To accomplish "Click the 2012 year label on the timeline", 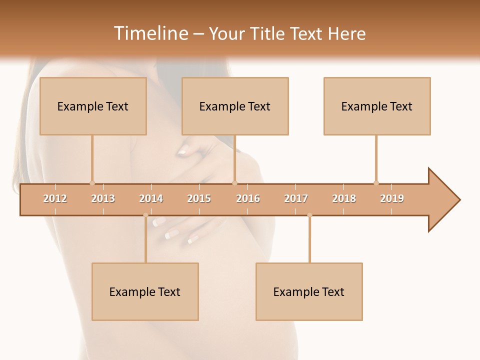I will pos(55,198).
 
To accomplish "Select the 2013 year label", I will pos(103,198).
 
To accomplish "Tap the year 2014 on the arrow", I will pos(151,198).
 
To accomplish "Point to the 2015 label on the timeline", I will pos(199,198).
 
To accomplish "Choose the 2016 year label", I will pos(248,198).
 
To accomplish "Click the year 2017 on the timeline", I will pos(296,198).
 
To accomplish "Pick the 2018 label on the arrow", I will pos(344,198).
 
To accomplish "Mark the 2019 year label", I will pos(392,198).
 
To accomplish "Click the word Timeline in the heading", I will pos(150,33).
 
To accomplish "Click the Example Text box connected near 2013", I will pos(93,106).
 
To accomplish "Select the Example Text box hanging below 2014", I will pos(145,291).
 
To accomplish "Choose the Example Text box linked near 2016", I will pos(235,106).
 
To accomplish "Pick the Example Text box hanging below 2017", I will pos(309,291).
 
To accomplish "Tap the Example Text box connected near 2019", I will pos(377,106).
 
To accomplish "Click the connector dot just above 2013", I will pos(92,183).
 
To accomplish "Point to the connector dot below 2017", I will pos(309,215).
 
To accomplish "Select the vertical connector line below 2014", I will pos(145,240).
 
